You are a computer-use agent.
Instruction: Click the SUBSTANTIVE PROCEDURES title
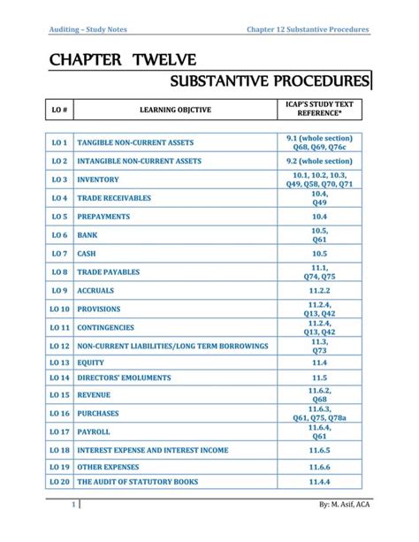pyautogui.click(x=271, y=82)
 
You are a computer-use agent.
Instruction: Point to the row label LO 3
pyautogui.click(x=60, y=179)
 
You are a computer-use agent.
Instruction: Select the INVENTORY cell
pyautogui.click(x=99, y=179)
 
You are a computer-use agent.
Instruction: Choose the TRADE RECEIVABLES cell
pyautogui.click(x=114, y=198)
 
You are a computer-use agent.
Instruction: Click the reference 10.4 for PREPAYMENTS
pyautogui.click(x=319, y=216)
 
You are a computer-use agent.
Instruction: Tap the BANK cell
pyautogui.click(x=88, y=235)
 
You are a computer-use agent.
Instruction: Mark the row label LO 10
pyautogui.click(x=60, y=309)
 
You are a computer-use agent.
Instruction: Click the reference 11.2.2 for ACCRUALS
pyautogui.click(x=319, y=290)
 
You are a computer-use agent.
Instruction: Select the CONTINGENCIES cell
pyautogui.click(x=106, y=327)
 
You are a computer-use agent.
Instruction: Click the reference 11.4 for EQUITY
pyautogui.click(x=319, y=363)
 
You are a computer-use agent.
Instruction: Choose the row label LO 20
pyautogui.click(x=60, y=483)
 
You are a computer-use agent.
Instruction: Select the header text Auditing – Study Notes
pyautogui.click(x=88, y=30)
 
